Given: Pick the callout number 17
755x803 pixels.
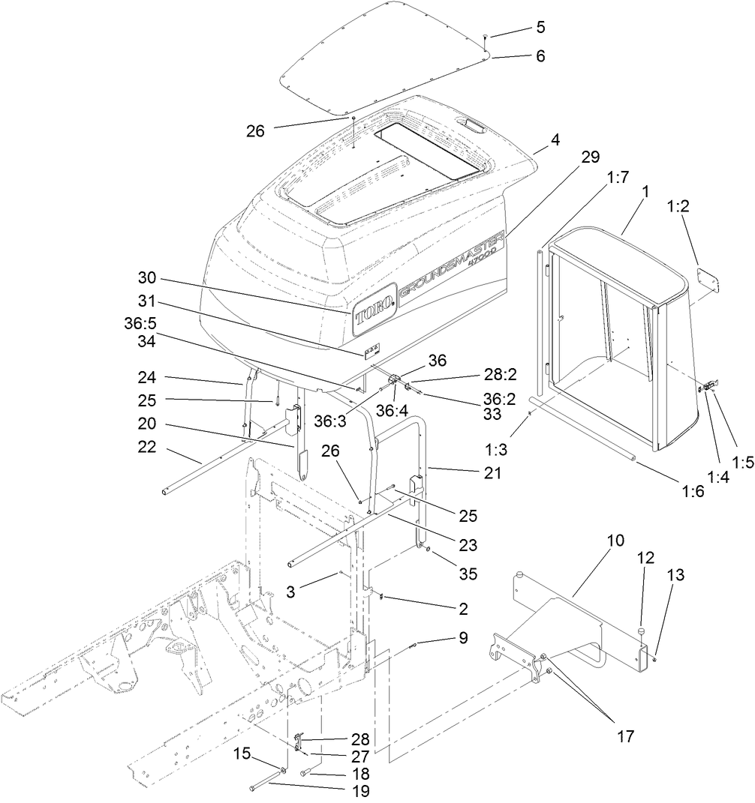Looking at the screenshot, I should pyautogui.click(x=625, y=736).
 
